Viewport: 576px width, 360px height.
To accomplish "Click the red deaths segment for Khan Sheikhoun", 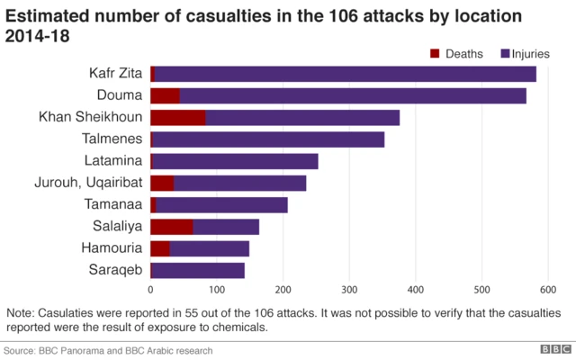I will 177,117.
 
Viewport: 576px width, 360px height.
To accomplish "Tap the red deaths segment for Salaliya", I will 171,226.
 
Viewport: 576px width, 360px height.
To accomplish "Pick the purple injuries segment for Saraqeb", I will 198,270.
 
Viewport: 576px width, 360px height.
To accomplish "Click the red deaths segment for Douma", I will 165,95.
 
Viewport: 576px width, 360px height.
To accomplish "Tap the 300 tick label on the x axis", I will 348,290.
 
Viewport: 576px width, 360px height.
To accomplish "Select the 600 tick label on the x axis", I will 547,290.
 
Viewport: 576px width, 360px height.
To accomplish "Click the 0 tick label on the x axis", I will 150,290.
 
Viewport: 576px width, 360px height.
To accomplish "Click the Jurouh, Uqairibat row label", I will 90,183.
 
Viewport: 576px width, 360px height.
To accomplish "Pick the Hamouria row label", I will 113,248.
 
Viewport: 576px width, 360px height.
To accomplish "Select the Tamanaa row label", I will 114,204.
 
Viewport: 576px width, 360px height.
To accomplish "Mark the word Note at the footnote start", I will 21,312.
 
